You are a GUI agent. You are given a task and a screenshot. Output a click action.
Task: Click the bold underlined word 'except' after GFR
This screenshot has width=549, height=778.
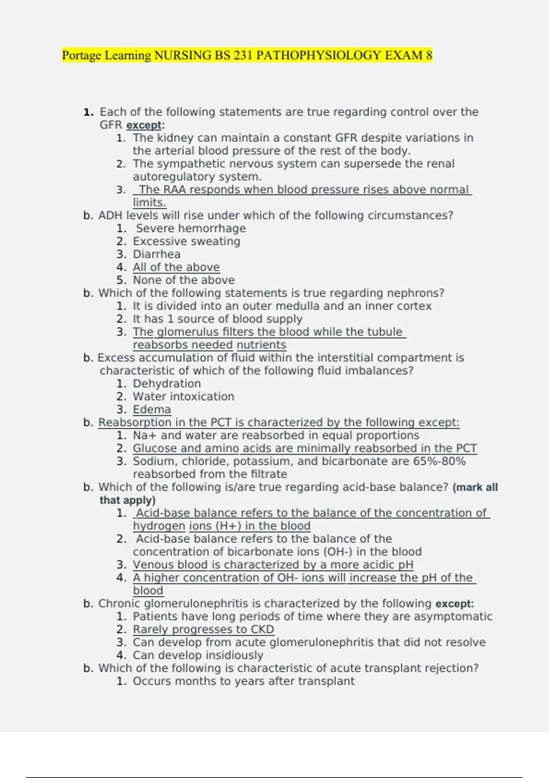pos(144,125)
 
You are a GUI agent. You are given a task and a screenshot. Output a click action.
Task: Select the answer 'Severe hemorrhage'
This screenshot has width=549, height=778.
pos(191,228)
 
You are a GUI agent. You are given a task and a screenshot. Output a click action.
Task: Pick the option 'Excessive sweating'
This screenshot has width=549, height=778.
pos(186,241)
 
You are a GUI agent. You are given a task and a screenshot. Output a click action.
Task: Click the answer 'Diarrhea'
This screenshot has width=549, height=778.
pos(156,254)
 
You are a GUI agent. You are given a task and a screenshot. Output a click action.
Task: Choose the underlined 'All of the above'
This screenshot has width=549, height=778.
pos(176,267)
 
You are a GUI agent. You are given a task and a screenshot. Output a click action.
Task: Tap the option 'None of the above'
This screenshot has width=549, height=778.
pos(183,280)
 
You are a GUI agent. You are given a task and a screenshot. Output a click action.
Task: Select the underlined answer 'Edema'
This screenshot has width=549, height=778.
pos(152,410)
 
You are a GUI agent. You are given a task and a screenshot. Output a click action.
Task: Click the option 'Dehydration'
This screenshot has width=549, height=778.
pos(167,384)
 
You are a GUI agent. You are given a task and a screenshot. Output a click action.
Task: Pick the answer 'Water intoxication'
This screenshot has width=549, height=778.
pos(183,396)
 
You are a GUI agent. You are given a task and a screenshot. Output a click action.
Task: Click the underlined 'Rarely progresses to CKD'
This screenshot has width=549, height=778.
pos(203,629)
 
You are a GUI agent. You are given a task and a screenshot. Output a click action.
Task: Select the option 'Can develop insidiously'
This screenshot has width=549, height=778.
pos(198,655)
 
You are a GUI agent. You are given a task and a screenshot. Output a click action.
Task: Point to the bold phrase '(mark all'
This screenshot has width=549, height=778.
pos(475,487)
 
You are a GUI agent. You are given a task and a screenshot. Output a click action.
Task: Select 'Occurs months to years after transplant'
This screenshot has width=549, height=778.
pos(243,681)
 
